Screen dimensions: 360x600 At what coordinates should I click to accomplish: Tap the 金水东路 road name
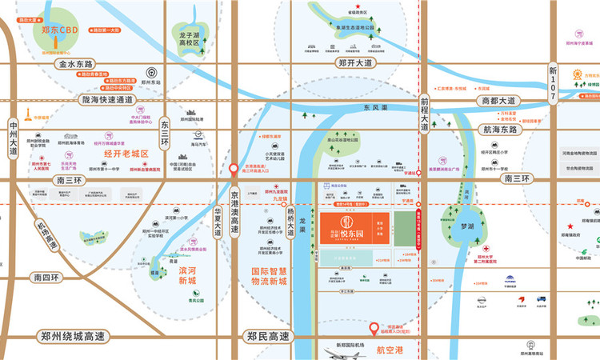coord(74,63)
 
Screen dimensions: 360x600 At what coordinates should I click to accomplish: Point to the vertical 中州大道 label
coord(14,139)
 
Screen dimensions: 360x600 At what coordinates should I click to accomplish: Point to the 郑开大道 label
coord(356,62)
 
